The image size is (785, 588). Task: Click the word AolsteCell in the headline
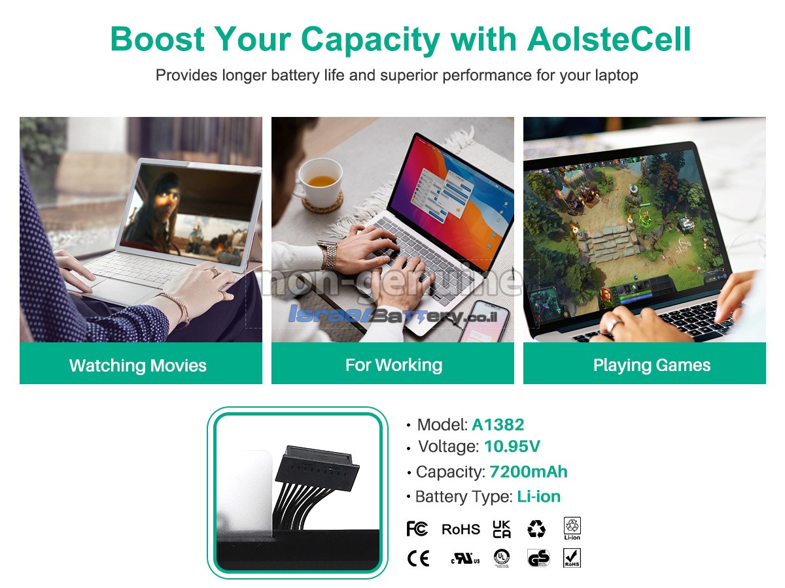(608, 39)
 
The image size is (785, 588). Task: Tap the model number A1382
(497, 425)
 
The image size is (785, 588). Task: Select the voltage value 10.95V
(512, 446)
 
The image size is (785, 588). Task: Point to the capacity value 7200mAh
(528, 472)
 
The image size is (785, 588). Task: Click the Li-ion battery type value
(538, 497)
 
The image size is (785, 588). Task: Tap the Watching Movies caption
(138, 365)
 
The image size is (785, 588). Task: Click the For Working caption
(394, 365)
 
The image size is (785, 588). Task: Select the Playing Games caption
(652, 365)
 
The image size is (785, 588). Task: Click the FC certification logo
(417, 529)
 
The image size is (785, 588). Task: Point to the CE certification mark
(418, 559)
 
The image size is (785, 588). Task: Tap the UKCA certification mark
(501, 529)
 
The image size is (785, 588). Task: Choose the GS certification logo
(538, 558)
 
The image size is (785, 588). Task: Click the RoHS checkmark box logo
(572, 558)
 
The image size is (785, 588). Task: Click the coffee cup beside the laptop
(320, 182)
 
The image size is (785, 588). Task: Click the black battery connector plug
(317, 470)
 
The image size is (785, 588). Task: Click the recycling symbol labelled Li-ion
(572, 529)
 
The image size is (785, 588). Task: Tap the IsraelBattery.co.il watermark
(392, 314)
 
